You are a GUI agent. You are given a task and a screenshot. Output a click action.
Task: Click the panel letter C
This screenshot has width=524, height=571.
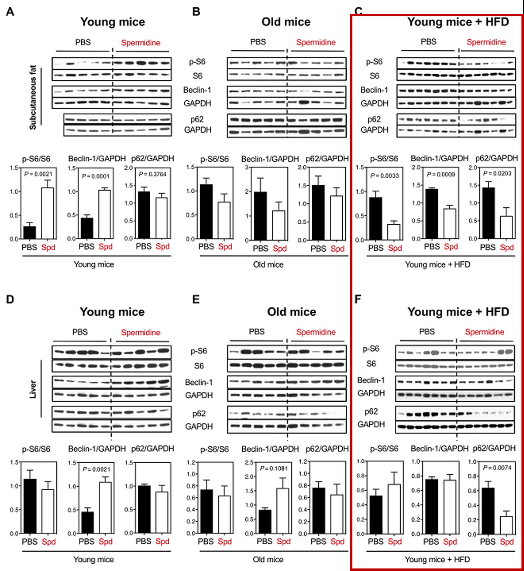358,11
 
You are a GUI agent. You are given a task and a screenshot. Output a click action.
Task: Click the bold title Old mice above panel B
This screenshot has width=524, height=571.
286,22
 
